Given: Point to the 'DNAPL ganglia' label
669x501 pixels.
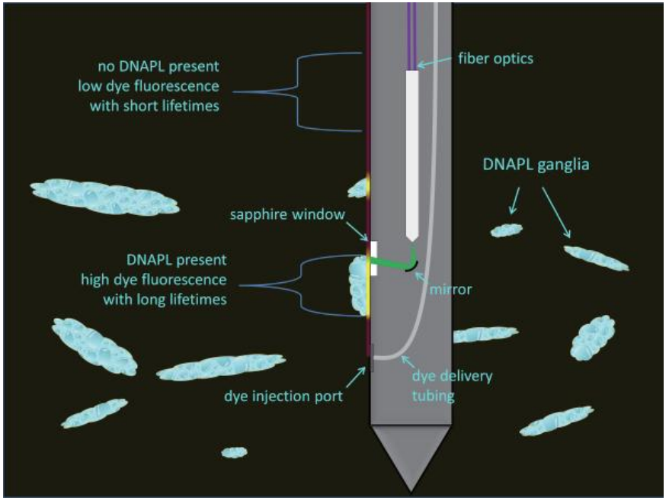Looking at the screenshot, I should tap(535, 165).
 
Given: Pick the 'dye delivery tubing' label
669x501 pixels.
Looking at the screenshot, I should tap(452, 384).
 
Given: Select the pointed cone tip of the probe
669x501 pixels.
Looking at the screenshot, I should tap(411, 458).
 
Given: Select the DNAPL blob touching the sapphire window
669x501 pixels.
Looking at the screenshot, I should tap(357, 284).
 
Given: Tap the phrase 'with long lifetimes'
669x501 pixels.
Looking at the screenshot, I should tap(165, 300).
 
